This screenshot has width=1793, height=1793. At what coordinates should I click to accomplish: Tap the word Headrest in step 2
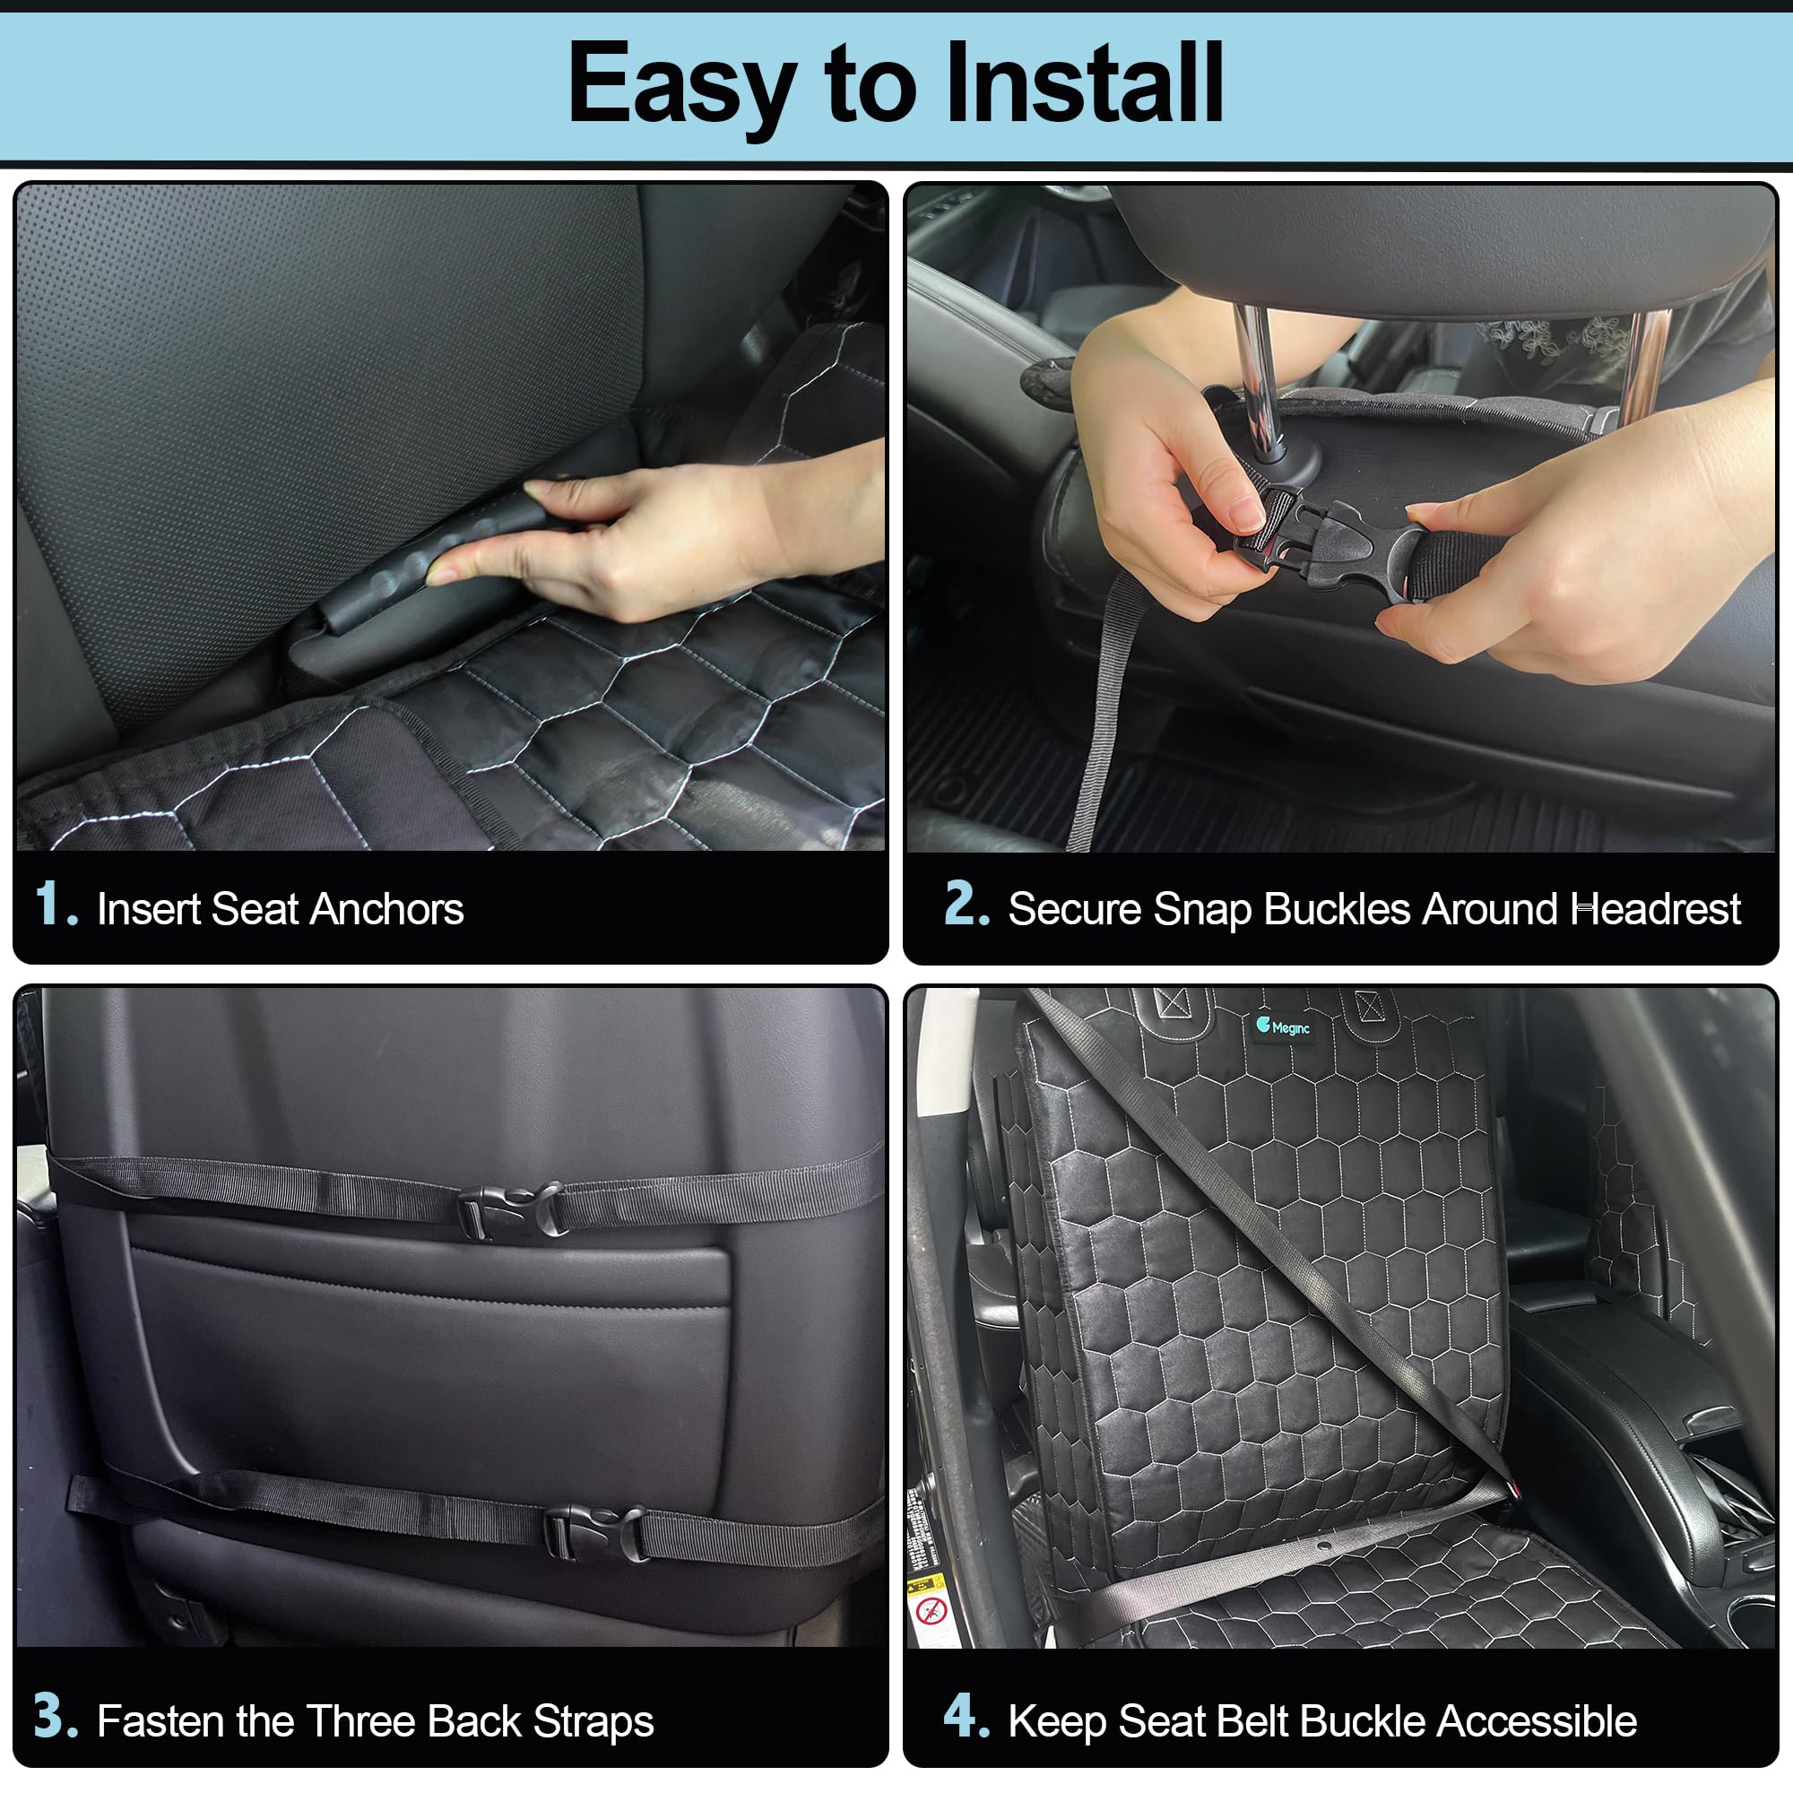1656,909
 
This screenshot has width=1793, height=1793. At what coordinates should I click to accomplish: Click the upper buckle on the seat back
511,1210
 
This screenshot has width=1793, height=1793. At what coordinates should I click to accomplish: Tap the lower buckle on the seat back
594,1533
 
